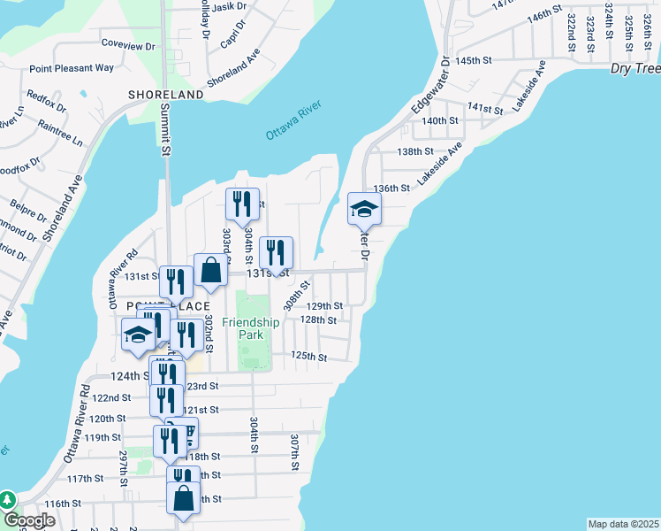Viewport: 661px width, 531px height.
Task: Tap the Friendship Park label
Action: (x=250, y=329)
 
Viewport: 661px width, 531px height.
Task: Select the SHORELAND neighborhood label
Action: (x=165, y=95)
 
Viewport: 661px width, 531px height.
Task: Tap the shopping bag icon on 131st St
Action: (x=210, y=271)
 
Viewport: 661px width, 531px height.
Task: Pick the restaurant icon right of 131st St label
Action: (x=276, y=253)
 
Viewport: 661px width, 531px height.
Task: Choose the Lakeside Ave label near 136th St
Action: (x=440, y=165)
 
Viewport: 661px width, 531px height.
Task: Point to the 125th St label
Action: (x=309, y=357)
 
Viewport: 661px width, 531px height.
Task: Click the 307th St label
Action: (x=294, y=450)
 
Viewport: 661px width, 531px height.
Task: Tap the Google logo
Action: (x=29, y=521)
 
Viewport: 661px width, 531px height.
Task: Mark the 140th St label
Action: (x=440, y=120)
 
